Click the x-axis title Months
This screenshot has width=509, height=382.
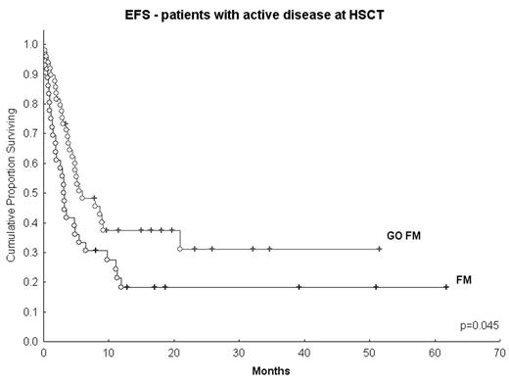coord(270,372)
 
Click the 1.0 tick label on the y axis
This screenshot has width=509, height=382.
coord(29,45)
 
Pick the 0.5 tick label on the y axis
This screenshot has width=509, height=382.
coord(29,194)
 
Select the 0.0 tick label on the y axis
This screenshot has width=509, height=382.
coord(29,343)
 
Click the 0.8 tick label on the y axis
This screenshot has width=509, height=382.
coord(29,105)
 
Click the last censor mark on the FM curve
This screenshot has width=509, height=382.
coord(446,287)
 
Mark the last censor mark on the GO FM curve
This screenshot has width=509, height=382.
coord(380,249)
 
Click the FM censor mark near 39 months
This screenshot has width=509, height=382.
coord(299,287)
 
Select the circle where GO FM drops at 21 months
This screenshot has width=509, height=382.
coord(180,249)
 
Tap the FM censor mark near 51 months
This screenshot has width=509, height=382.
coord(376,287)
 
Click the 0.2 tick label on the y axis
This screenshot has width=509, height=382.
coord(29,283)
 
